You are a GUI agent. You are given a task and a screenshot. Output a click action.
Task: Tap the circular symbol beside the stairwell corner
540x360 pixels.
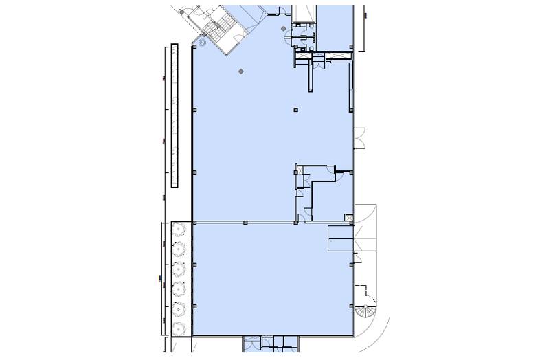coord(203,43)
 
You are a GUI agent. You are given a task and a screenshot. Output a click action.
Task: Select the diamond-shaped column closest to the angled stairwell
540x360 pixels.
coord(240,71)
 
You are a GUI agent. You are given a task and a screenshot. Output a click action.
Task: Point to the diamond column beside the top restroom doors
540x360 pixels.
coord(286,26)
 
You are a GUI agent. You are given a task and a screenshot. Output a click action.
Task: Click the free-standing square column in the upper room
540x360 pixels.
coord(295,109)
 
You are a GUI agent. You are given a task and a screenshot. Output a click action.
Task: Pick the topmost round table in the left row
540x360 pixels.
coord(180,228)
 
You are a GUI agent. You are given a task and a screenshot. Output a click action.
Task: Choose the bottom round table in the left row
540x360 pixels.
coord(180,326)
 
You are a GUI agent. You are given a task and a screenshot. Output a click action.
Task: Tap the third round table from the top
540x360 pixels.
coord(180,267)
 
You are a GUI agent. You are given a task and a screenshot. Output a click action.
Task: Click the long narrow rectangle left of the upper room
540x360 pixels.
coord(175,115)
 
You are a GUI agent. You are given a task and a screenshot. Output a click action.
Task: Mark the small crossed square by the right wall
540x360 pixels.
coord(350,218)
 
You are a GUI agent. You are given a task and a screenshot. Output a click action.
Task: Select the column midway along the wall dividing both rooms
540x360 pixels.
coord(245,221)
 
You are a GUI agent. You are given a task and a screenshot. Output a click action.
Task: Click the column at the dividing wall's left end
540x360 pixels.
coord(194,222)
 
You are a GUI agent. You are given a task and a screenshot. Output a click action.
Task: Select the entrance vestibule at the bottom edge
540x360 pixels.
coord(269,343)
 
